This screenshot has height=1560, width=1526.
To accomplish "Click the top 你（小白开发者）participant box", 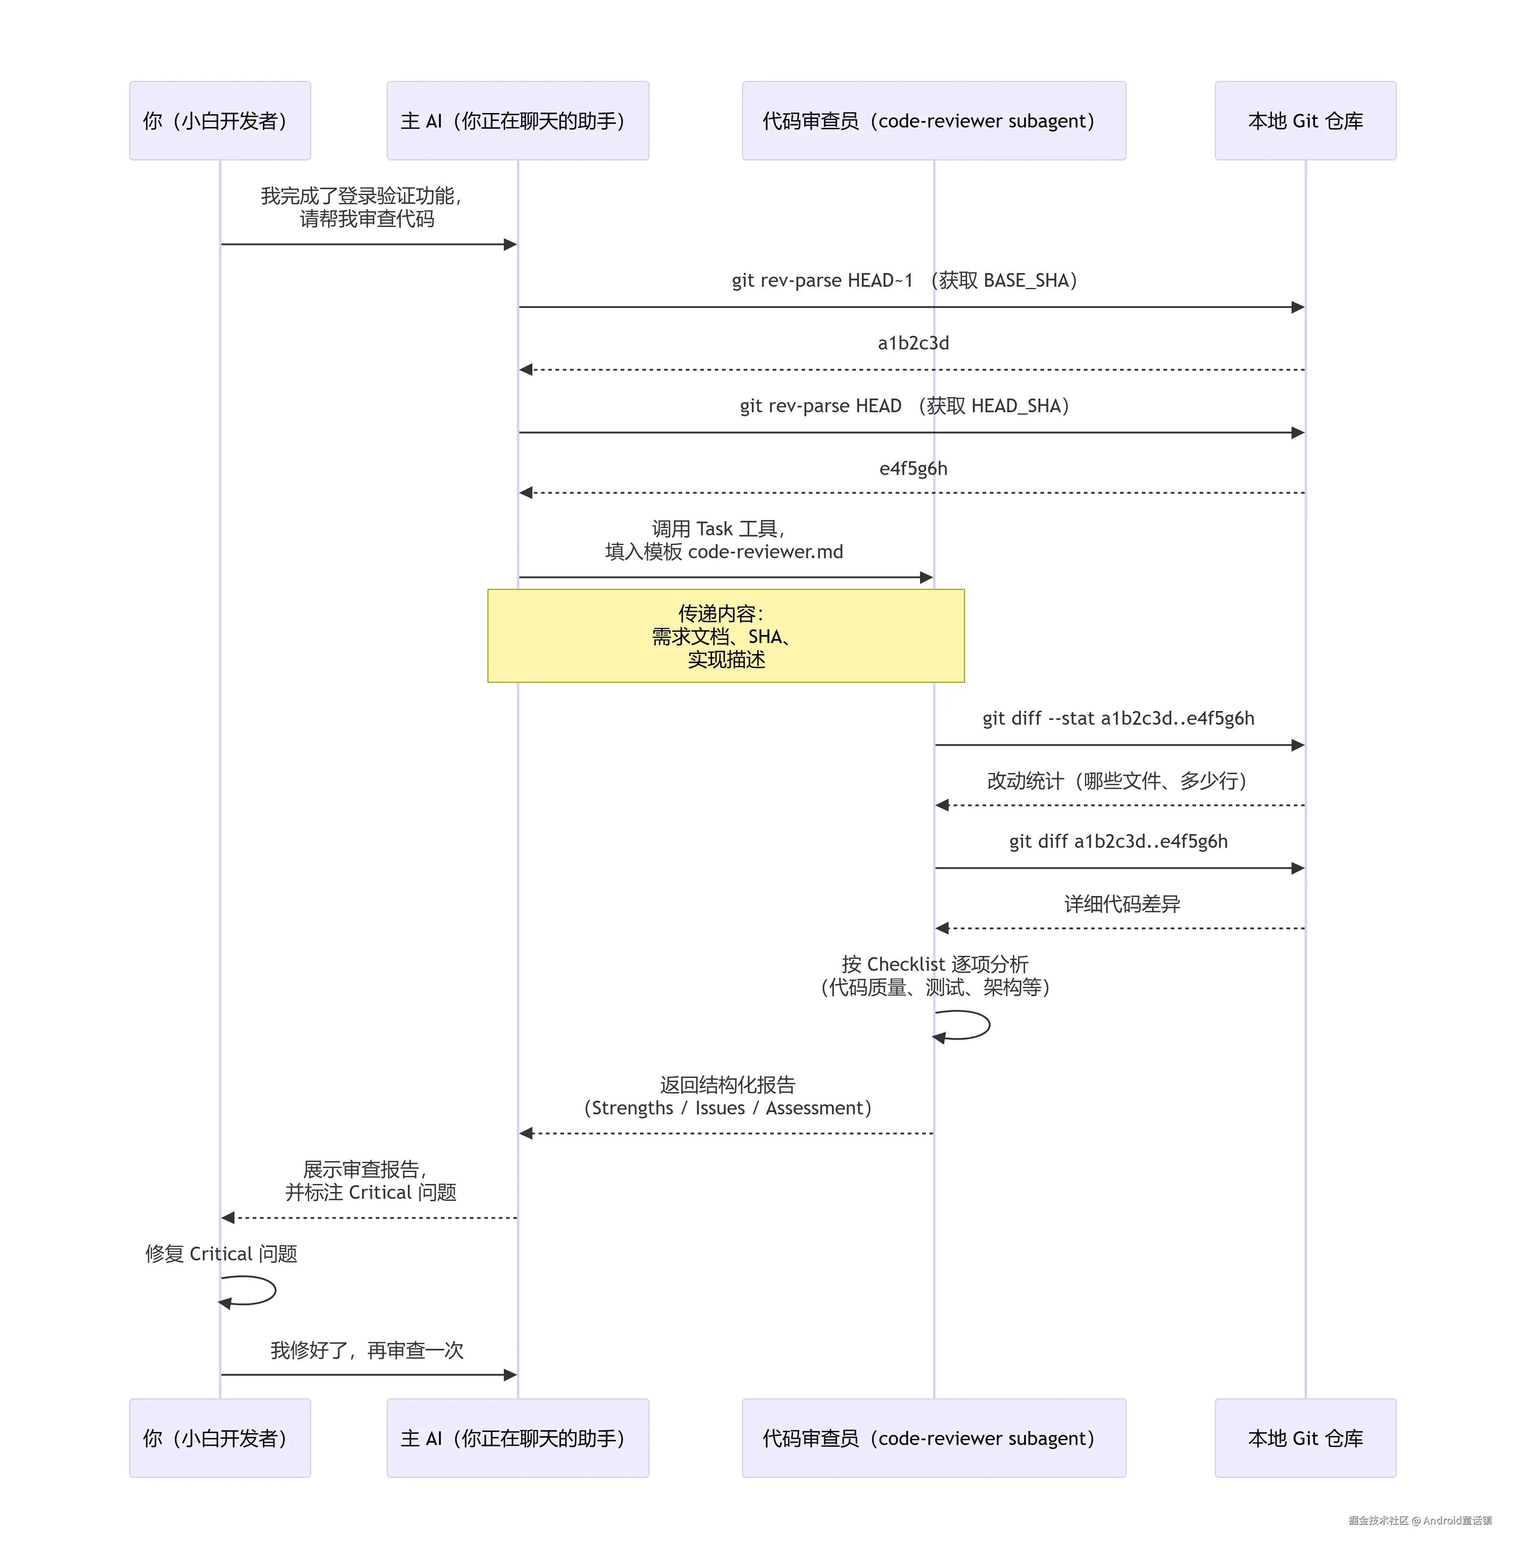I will (220, 120).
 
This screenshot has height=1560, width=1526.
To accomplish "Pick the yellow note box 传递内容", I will (725, 636).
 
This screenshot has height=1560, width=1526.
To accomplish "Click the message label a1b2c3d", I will (913, 343).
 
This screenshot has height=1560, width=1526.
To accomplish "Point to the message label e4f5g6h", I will (913, 468).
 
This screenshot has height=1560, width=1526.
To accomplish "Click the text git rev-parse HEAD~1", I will (822, 281).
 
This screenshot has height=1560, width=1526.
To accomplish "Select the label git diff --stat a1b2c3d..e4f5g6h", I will (1118, 718).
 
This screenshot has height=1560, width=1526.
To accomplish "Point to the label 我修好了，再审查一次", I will (366, 1351).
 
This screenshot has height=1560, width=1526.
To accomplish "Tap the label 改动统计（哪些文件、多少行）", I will (1116, 781).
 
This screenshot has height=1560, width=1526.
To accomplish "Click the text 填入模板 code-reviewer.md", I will (724, 551).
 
